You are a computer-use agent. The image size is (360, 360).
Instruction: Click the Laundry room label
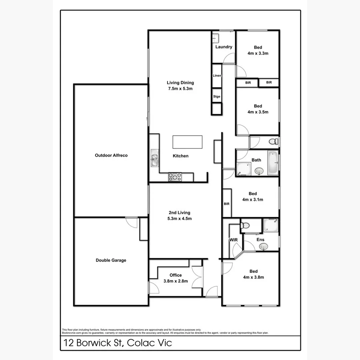click(224, 47)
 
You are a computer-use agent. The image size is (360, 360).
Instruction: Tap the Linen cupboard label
click(217, 76)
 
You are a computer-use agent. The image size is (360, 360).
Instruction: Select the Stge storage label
click(217, 96)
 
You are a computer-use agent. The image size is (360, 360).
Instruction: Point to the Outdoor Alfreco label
click(111, 155)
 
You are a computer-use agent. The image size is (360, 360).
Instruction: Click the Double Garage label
click(111, 260)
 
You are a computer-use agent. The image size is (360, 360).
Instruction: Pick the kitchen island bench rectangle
click(187, 142)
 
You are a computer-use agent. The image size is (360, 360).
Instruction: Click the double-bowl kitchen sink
click(155, 159)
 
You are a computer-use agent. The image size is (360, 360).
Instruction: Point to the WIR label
click(234, 240)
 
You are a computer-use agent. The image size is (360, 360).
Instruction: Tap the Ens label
click(260, 240)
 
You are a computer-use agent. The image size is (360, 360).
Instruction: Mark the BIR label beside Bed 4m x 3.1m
click(227, 204)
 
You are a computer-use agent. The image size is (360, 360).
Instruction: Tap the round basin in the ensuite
click(263, 247)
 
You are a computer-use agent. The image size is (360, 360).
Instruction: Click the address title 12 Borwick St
click(118, 343)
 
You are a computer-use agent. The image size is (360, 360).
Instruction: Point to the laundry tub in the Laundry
click(216, 38)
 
